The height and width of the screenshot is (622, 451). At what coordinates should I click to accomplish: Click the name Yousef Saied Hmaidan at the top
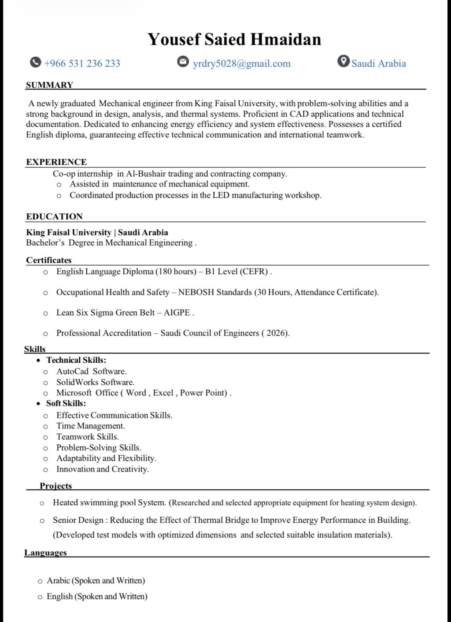(x=234, y=39)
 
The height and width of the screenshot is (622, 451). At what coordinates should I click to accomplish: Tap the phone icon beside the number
(x=36, y=62)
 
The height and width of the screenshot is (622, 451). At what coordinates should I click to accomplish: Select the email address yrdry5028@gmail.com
(x=241, y=63)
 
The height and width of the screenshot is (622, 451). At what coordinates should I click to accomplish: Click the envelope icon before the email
(x=183, y=61)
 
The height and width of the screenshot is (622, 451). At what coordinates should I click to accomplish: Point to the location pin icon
(x=343, y=61)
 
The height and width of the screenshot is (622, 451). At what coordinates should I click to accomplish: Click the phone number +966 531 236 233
(x=82, y=63)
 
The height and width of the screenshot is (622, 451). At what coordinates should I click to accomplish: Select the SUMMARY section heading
(x=49, y=85)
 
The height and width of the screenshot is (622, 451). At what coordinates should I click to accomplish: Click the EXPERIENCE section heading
(x=56, y=162)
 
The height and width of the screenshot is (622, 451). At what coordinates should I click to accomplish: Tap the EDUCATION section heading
(x=54, y=216)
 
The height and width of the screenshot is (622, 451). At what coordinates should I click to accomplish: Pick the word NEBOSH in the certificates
(x=194, y=292)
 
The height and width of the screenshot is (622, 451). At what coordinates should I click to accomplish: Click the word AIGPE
(x=177, y=313)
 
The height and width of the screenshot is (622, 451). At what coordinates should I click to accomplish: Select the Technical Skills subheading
(x=76, y=360)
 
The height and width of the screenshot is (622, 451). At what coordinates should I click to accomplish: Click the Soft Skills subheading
(x=66, y=403)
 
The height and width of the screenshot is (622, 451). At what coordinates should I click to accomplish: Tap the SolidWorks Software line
(x=95, y=382)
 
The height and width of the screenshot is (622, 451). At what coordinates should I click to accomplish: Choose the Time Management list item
(x=90, y=426)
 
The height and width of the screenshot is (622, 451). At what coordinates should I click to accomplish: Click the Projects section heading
(x=55, y=486)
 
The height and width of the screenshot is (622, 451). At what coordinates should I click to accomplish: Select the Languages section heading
(x=45, y=553)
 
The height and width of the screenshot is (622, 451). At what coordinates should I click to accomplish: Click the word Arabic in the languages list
(x=58, y=581)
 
